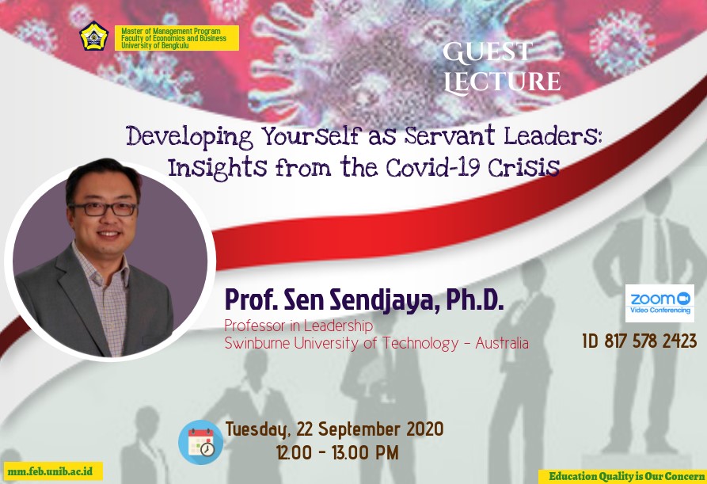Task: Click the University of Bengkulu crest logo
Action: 94,36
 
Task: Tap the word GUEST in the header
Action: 488,51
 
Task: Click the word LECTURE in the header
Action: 502,81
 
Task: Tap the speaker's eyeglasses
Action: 103,209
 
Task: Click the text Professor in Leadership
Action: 298,326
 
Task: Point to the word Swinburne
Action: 257,343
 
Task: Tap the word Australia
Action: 502,343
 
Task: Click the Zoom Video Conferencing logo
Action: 659,303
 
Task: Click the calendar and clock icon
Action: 200,442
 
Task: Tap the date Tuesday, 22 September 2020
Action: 334,429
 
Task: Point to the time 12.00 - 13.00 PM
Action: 338,452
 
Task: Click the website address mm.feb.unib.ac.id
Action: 50,471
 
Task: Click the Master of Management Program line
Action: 171,31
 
